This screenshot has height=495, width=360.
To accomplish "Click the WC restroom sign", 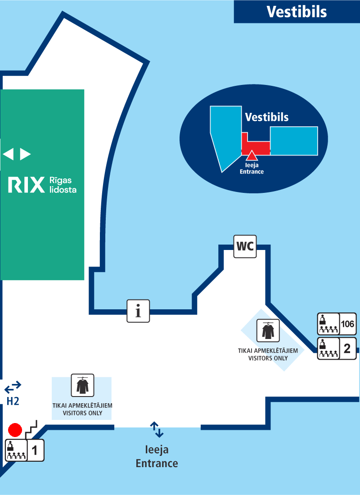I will [x=245, y=246].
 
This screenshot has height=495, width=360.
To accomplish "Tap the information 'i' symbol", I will [x=138, y=311].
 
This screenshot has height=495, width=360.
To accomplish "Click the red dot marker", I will [x=15, y=430].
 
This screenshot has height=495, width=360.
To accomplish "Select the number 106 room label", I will [x=347, y=324].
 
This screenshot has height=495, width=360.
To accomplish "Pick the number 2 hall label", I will [x=347, y=349].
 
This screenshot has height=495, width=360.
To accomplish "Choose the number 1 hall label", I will [x=35, y=450].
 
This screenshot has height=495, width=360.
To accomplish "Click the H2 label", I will [x=13, y=401].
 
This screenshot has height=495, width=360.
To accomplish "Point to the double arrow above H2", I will [x=13, y=386].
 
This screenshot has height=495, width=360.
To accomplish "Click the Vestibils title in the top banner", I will [x=297, y=12].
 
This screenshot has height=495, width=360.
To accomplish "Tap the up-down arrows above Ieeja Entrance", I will [x=157, y=430].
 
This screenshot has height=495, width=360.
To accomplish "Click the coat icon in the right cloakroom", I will [x=268, y=331].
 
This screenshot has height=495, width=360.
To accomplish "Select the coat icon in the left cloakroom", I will [x=82, y=385].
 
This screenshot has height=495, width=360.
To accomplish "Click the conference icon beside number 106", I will [x=328, y=324].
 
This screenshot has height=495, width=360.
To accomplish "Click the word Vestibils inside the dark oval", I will [x=266, y=117].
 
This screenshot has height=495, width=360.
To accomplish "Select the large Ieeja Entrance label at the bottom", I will [x=157, y=456].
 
